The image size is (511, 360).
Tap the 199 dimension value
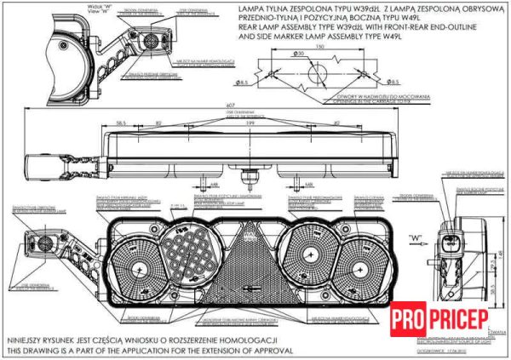[x=250, y=123]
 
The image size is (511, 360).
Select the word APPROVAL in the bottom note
[x=271, y=351]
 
